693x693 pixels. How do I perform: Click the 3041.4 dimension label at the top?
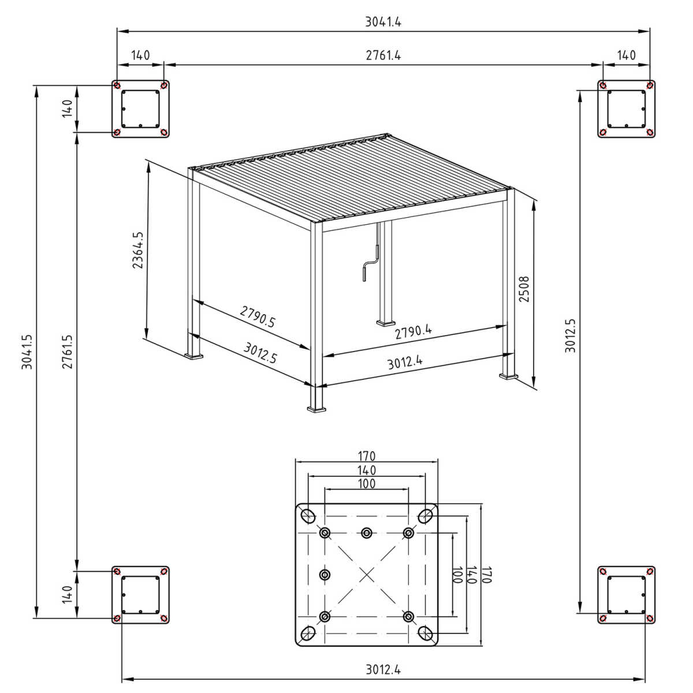[x=383, y=22]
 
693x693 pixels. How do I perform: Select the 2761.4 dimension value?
[x=383, y=55]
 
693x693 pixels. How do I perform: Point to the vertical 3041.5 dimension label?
[x=27, y=352]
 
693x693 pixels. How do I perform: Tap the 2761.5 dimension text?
[x=68, y=352]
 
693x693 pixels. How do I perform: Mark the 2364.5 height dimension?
[x=137, y=251]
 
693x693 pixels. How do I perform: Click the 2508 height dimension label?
[x=523, y=289]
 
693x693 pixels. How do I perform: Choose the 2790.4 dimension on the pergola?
[x=413, y=331]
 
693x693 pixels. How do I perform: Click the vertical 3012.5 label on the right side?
[x=571, y=336]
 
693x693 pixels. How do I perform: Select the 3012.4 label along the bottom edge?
[x=383, y=669]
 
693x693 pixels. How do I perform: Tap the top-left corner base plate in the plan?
[x=140, y=109]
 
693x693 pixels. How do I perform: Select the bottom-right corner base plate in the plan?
[x=626, y=595]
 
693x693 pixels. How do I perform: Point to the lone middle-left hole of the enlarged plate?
[x=325, y=575]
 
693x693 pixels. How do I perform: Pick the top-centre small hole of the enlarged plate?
[x=367, y=532]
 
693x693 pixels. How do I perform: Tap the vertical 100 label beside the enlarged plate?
[x=457, y=575]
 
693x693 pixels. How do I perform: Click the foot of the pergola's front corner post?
[x=317, y=409]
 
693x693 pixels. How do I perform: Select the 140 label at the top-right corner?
[x=626, y=55]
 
